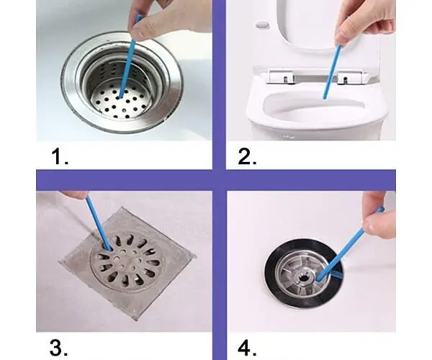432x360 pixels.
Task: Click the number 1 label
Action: pos(60,156)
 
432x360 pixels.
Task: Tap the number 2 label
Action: pos(247,156)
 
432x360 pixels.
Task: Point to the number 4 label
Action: pos(247,348)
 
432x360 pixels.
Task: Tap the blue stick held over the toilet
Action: pos(332,72)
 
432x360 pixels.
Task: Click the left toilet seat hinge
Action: pos(282,76)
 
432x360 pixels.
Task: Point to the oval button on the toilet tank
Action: pos(262,25)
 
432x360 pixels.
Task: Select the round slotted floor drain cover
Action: pos(127,261)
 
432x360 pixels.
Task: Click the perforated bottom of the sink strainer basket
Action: pos(121,102)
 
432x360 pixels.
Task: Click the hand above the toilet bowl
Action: pos(363,22)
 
